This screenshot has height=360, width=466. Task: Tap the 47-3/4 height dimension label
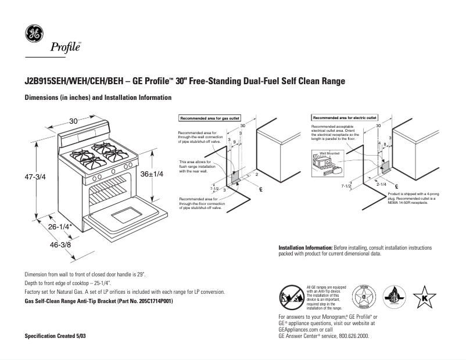pyautogui.click(x=35, y=175)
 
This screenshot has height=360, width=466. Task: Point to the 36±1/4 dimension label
pyautogui.click(x=153, y=173)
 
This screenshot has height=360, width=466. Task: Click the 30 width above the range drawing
pyautogui.click(x=73, y=121)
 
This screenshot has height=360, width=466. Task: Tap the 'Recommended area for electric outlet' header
pyautogui.click(x=345, y=118)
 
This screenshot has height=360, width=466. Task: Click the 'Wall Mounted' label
pyautogui.click(x=329, y=154)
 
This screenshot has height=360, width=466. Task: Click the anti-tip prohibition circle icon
pyautogui.click(x=291, y=297)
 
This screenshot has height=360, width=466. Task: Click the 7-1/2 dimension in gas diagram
pyautogui.click(x=214, y=189)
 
